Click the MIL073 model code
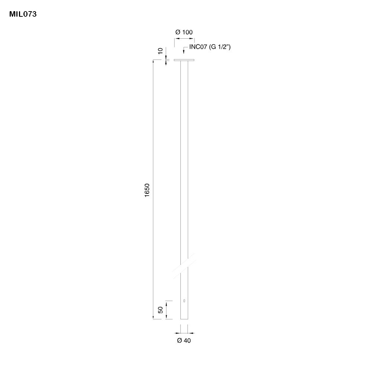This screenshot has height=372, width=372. pyautogui.click(x=23, y=15)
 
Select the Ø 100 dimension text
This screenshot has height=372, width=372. pyautogui.click(x=184, y=32)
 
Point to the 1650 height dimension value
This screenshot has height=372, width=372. pyautogui.click(x=147, y=190)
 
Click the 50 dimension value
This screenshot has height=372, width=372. pyautogui.click(x=160, y=310)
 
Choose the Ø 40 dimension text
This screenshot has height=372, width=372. pyautogui.click(x=184, y=340)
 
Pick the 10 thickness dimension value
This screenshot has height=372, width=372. pyautogui.click(x=160, y=51)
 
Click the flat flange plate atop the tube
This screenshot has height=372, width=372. pyautogui.click(x=184, y=60)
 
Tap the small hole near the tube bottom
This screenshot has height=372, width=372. pyautogui.click(x=184, y=301)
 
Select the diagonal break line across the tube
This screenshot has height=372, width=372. pyautogui.click(x=184, y=266)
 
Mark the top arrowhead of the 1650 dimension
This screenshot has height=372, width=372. pyautogui.click(x=153, y=62)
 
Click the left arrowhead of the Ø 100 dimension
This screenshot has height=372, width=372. pyautogui.click(x=176, y=38)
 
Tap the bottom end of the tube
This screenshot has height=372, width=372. pyautogui.click(x=184, y=318)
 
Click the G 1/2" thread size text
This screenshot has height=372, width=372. pyautogui.click(x=220, y=47)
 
